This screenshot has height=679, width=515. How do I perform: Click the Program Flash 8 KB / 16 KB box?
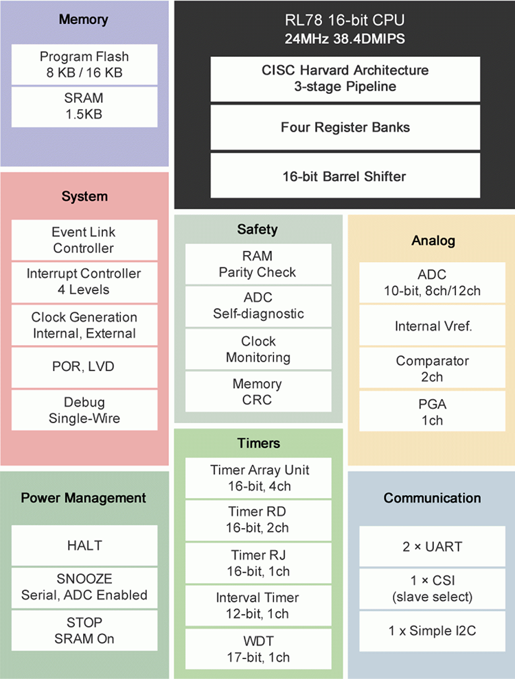click(84, 64)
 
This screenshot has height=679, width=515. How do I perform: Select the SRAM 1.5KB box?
click(84, 106)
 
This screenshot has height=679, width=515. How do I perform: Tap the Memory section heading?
click(84, 19)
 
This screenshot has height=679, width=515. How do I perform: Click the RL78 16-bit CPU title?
click(345, 20)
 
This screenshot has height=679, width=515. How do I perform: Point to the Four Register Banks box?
click(345, 128)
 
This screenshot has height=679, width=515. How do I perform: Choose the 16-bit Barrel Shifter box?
click(345, 176)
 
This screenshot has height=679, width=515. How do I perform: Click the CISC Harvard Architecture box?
click(345, 78)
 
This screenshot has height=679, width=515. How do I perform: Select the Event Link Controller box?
click(84, 240)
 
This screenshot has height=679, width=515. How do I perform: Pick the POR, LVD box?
click(84, 367)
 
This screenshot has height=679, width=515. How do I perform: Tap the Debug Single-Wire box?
click(84, 409)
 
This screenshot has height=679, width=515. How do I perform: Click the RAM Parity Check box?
click(257, 264)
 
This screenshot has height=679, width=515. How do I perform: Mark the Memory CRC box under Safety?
click(257, 392)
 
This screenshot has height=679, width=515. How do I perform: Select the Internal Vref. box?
click(433, 326)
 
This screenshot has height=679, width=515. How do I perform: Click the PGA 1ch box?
click(433, 412)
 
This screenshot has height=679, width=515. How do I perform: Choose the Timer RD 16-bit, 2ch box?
click(257, 520)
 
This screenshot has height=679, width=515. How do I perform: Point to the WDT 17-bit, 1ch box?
click(257, 649)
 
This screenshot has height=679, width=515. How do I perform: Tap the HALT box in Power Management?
click(84, 545)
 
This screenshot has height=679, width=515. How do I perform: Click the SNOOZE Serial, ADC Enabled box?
click(84, 587)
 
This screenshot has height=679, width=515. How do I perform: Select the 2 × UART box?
click(433, 547)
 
